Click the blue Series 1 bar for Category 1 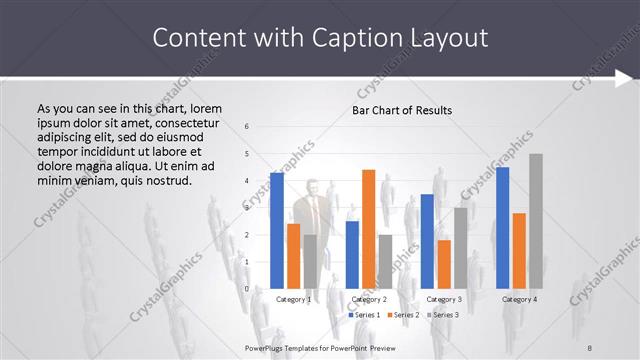[x=277, y=231]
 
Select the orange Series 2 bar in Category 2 [x=368, y=229]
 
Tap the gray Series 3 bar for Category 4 [x=536, y=221]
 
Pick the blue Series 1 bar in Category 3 [x=427, y=241]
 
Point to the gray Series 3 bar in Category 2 [x=385, y=261]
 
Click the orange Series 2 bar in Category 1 [x=293, y=256]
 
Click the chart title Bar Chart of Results [x=402, y=110]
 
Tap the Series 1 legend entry [x=366, y=315]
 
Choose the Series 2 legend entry [x=404, y=315]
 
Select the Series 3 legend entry [x=443, y=315]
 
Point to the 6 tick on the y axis [x=247, y=126]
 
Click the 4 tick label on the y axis [x=247, y=181]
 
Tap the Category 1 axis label [x=293, y=299]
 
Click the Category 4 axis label [x=519, y=299]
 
